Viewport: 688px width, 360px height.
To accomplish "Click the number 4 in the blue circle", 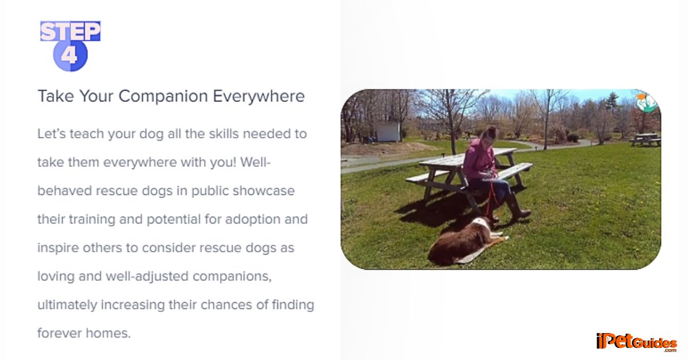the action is coord(69,56).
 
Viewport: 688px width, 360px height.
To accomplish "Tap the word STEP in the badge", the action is coord(71,31).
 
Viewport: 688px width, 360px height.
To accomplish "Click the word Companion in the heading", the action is coord(163,96).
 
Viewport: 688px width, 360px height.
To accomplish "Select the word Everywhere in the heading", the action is coord(259,96).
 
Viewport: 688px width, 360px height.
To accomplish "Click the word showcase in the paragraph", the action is coord(264,191).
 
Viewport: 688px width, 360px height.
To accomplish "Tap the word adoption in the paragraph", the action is coord(252,220).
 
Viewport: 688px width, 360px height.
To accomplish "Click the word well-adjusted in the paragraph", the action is coord(147,276).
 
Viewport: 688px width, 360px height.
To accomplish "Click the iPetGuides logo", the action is coord(636,342).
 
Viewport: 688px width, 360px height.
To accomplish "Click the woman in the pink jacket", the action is coord(491,175).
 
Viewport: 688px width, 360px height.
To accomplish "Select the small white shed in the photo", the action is coord(388,132).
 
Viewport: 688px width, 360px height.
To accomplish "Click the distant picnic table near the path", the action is coord(645,139).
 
